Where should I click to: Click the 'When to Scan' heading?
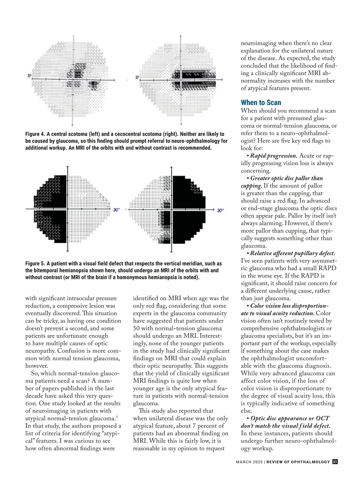tap(261, 103)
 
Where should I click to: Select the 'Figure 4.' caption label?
tap(35, 134)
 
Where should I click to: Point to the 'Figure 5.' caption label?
tap(35, 264)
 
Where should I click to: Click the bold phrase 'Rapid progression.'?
tap(274, 156)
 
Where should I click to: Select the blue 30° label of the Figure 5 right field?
tap(220, 210)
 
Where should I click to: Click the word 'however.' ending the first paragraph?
tap(37, 366)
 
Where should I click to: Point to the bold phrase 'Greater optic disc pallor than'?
tap(286, 178)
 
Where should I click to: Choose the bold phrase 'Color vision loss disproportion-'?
tap(289, 306)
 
